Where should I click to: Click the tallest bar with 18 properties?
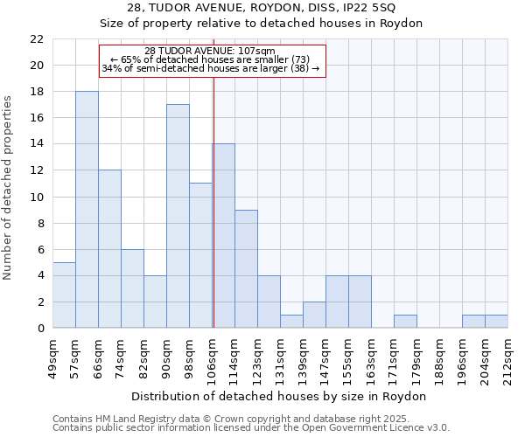coord(87,210)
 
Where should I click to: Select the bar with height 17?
coord(178,216)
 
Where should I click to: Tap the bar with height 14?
coord(223,236)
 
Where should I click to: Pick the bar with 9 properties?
coord(246,268)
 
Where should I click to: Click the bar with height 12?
coord(109,249)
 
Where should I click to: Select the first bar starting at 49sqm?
coord(64,295)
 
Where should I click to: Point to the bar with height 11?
coord(200,255)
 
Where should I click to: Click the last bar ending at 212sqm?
coord(496,322)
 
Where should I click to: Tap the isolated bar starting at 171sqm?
coord(405,322)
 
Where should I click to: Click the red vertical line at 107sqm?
coord(213,218)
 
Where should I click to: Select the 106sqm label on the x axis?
coord(213,357)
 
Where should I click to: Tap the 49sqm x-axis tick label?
coord(52,357)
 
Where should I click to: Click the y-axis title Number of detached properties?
coord(9,188)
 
